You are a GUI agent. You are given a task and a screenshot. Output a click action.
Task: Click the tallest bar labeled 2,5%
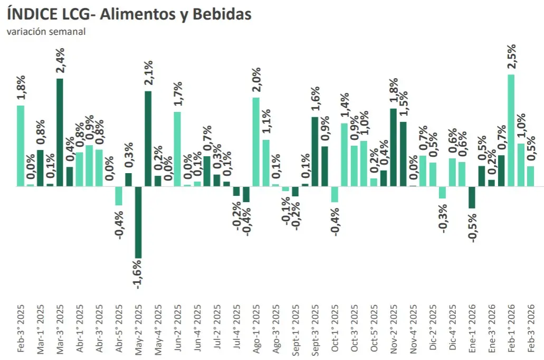pyautogui.click(x=511, y=130)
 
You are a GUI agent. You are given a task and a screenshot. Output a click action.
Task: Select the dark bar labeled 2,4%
pyautogui.click(x=60, y=132)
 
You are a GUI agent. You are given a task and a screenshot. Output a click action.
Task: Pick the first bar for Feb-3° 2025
pyautogui.click(x=21, y=146)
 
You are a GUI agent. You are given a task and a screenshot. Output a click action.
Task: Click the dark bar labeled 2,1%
pyautogui.click(x=148, y=138)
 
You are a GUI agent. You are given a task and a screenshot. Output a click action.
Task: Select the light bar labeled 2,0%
pyautogui.click(x=256, y=141)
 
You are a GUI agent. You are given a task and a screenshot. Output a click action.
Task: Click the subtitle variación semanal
pyautogui.click(x=46, y=31)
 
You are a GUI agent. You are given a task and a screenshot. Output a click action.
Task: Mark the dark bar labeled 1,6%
pyautogui.click(x=314, y=151)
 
